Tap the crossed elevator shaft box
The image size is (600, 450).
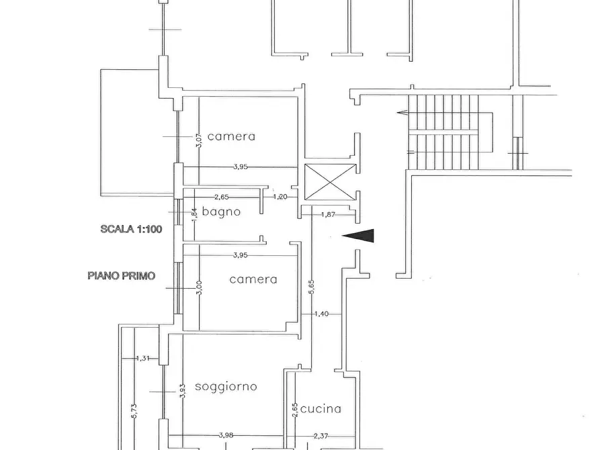pyautogui.click(x=330, y=182)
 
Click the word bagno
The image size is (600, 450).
pyautogui.click(x=221, y=212)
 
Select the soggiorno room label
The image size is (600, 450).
pyautogui.click(x=226, y=386)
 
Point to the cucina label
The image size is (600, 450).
pyautogui.click(x=320, y=408)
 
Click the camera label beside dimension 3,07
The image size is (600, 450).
pyautogui.click(x=231, y=136)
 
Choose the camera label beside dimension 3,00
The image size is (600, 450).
pyautogui.click(x=253, y=279)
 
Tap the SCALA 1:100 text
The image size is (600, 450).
pyautogui.click(x=131, y=229)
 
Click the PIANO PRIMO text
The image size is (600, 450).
pyautogui.click(x=122, y=275)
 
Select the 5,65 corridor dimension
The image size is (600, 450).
pyautogui.click(x=312, y=287)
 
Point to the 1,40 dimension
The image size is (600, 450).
pyautogui.click(x=321, y=314)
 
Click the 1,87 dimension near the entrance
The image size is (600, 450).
pyautogui.click(x=328, y=215)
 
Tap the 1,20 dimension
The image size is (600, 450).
pyautogui.click(x=280, y=197)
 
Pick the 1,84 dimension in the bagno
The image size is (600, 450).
pyautogui.click(x=194, y=215)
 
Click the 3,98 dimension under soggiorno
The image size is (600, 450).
pyautogui.click(x=226, y=435)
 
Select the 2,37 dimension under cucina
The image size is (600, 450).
pyautogui.click(x=320, y=435)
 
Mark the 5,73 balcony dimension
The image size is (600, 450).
pyautogui.click(x=134, y=411)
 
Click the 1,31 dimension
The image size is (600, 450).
pyautogui.click(x=142, y=358)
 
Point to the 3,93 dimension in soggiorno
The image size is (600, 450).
pyautogui.click(x=182, y=391)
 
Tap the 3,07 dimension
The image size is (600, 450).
pyautogui.click(x=199, y=140)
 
